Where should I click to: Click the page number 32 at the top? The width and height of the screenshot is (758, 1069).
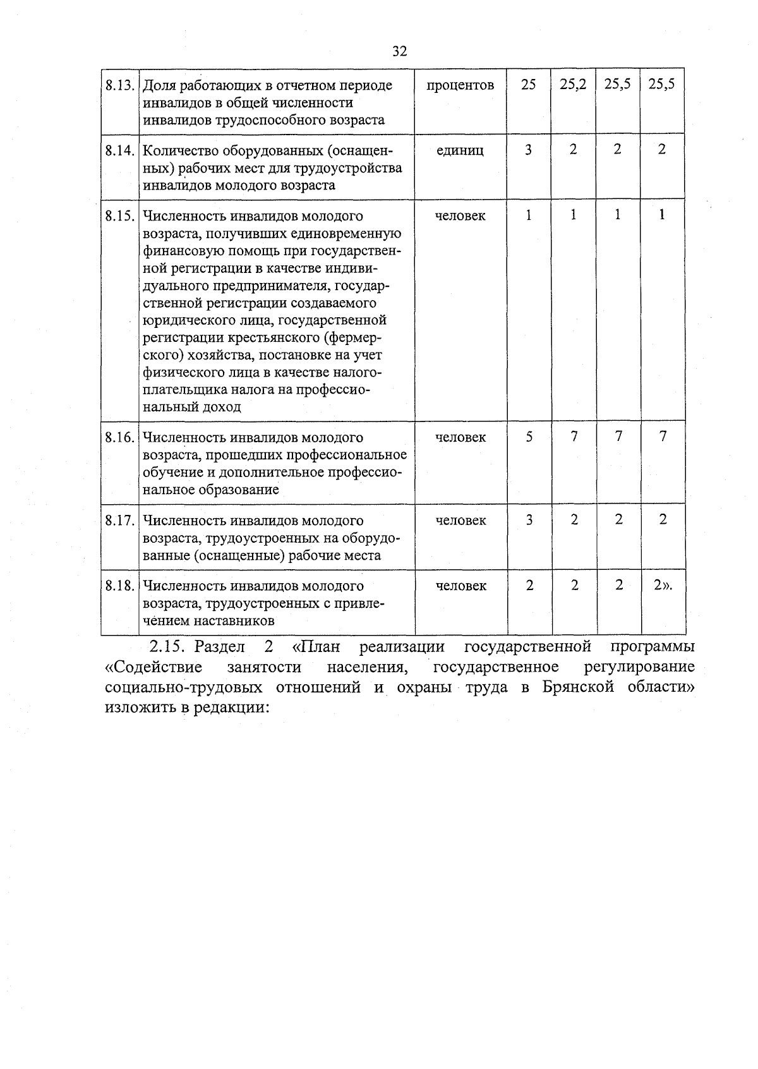pyautogui.click(x=399, y=52)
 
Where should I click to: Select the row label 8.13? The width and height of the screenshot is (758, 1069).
pyautogui.click(x=120, y=85)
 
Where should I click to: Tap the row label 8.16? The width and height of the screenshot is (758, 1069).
pyautogui.click(x=120, y=437)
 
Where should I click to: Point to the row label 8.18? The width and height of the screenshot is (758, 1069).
pyautogui.click(x=120, y=586)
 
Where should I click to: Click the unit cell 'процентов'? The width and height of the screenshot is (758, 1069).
pyautogui.click(x=460, y=85)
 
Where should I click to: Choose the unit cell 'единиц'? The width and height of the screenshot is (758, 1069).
pyautogui.click(x=460, y=150)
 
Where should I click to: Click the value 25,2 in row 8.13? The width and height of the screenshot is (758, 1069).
pyautogui.click(x=573, y=85)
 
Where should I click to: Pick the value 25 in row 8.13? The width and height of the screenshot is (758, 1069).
pyautogui.click(x=529, y=85)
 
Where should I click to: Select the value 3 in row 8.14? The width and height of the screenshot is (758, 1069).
pyautogui.click(x=529, y=150)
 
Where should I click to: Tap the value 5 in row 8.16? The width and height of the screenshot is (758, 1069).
pyautogui.click(x=529, y=437)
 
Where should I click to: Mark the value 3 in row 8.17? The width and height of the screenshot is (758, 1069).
pyautogui.click(x=529, y=520)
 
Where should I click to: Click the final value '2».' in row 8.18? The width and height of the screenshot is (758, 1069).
pyautogui.click(x=663, y=585)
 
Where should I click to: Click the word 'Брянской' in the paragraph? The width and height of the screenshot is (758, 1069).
pyautogui.click(x=578, y=687)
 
